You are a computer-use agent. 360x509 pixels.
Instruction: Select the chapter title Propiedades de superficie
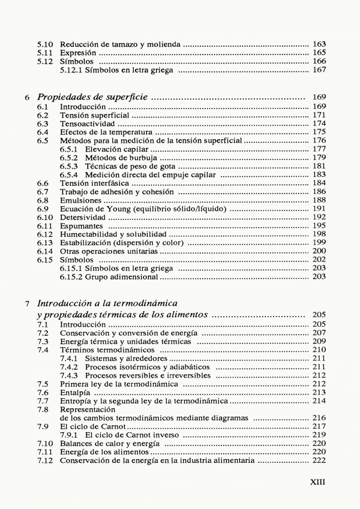93,97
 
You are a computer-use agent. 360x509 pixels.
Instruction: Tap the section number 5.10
45,44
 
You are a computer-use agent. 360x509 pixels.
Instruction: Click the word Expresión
78,53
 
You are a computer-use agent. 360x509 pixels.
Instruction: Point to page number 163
319,44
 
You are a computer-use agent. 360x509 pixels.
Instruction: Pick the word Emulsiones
82,200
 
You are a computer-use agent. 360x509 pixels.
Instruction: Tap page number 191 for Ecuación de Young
319,209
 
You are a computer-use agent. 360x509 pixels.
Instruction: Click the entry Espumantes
82,225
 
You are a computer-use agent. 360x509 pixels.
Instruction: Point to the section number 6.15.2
73,277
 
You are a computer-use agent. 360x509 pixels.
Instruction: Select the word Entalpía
77,392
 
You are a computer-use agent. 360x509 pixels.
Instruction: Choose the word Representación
86,409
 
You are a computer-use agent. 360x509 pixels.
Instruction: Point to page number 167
319,70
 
